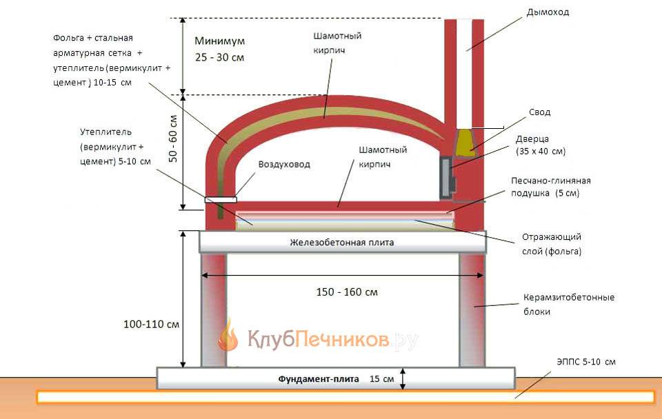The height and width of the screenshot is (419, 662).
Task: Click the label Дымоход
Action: tap(548, 12)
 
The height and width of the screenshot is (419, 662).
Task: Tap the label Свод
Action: tap(540, 112)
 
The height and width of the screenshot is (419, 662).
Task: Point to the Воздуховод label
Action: tap(284, 165)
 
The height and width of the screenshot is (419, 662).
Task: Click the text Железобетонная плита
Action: tap(343, 243)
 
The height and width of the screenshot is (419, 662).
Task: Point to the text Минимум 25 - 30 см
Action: tap(219, 49)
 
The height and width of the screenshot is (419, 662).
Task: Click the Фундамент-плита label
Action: tap(319, 379)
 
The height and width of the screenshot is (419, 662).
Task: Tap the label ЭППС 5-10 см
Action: tap(585, 362)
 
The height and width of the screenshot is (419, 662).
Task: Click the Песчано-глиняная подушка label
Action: tap(551, 187)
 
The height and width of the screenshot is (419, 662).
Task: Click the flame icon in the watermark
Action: tap(228, 336)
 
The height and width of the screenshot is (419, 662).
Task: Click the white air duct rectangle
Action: tap(220, 201)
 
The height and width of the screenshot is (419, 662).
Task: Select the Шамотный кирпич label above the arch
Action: tap(337, 41)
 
